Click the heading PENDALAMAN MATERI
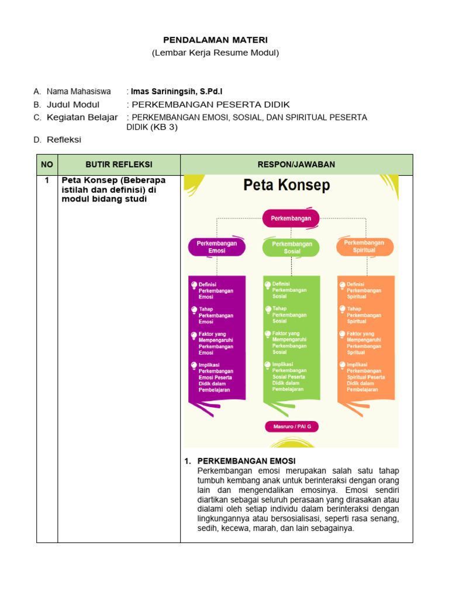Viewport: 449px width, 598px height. click(215, 40)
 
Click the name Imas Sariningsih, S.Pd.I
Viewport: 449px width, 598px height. click(176, 92)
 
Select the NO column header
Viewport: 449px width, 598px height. click(47, 165)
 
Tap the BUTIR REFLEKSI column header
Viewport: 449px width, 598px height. click(119, 165)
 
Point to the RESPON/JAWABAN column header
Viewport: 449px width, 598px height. click(296, 165)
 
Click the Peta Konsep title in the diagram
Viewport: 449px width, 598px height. click(286, 186)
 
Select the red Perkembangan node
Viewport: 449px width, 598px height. click(291, 218)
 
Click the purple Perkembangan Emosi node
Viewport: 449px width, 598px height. click(217, 246)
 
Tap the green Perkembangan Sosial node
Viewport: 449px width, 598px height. click(292, 248)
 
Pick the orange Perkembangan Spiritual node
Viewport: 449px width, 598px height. click(364, 246)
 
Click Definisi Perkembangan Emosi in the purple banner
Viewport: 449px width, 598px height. click(216, 290)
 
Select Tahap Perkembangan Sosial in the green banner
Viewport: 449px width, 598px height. click(289, 315)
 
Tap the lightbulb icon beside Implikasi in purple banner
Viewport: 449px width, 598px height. click(194, 366)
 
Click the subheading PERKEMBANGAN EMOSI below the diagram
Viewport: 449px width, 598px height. click(246, 461)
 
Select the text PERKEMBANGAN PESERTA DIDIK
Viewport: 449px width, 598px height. click(210, 105)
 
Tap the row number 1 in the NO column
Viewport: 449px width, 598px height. click(47, 180)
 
